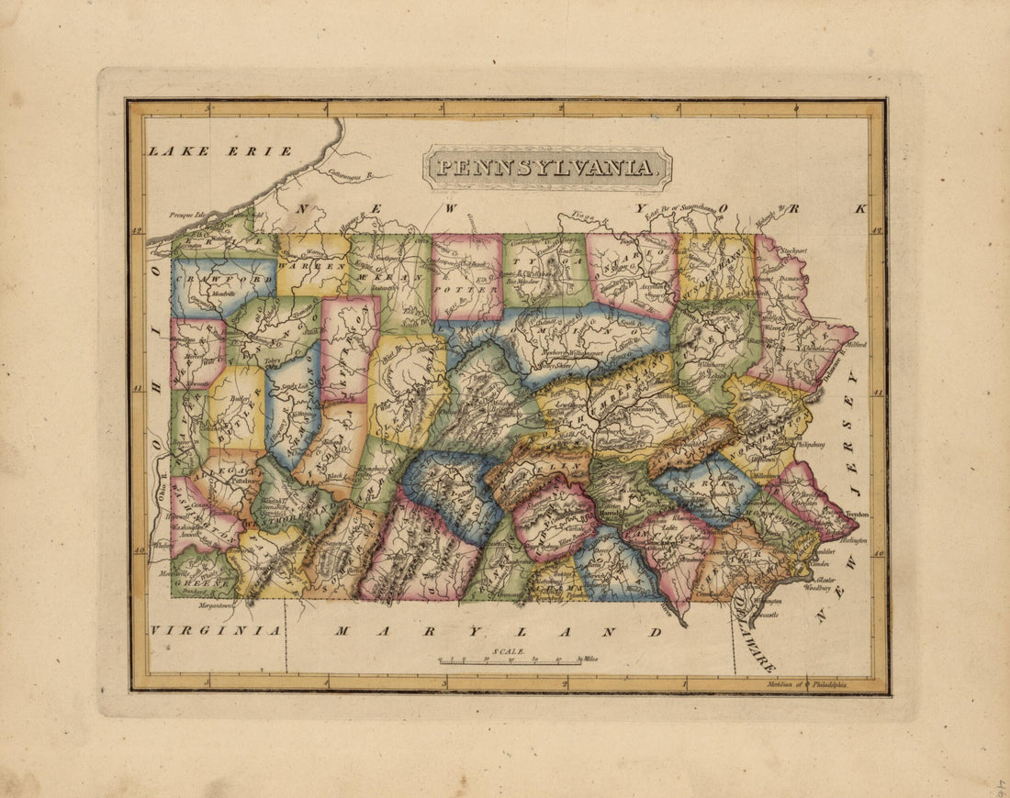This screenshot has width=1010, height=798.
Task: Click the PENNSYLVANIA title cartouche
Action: tap(547, 168)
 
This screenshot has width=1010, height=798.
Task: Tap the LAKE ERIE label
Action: tap(220, 150)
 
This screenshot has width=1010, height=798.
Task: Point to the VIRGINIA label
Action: tap(216, 630)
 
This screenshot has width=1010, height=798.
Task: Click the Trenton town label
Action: tap(857, 515)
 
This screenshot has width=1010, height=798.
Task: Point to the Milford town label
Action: tap(855, 346)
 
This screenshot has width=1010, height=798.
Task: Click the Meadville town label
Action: tap(221, 294)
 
